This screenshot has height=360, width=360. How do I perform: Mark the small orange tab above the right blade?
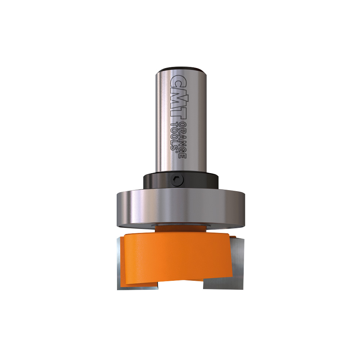(233, 237)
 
